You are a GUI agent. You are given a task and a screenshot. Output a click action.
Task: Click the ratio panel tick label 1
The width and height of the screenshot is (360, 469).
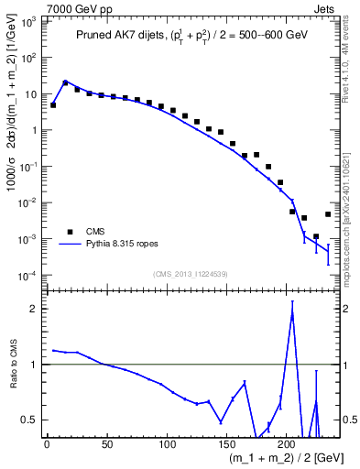point(34,365)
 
